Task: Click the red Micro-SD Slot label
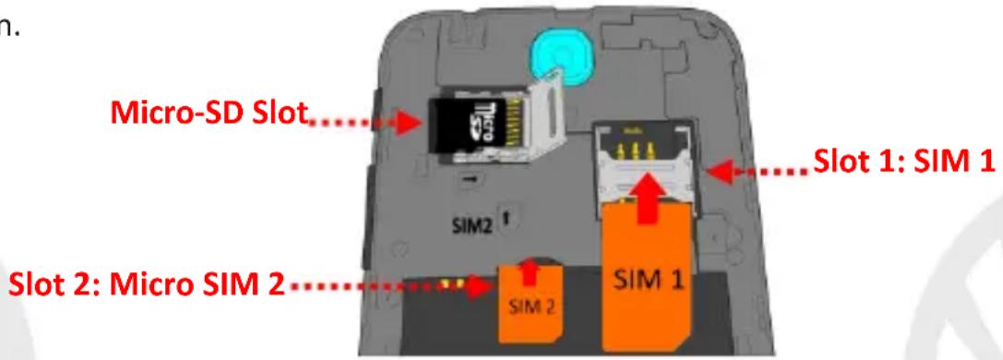tap(209, 114)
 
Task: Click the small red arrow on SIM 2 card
tap(529, 270)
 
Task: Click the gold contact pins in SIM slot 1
tap(634, 150)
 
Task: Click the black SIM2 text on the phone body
tap(472, 226)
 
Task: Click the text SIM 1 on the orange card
tap(647, 279)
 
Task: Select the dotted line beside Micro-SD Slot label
tap(351, 122)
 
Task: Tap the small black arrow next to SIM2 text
tap(506, 218)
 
